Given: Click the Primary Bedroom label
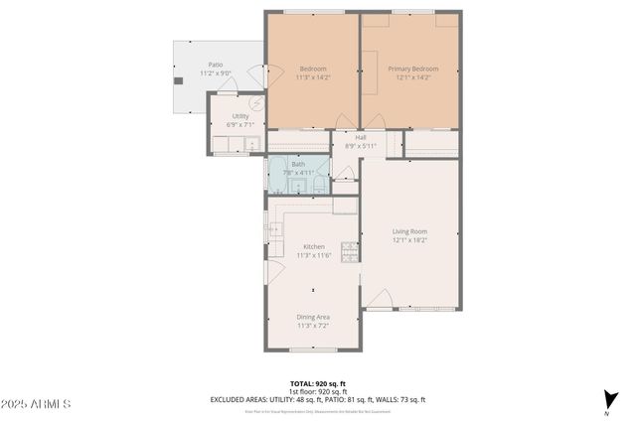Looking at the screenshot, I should click(412, 69).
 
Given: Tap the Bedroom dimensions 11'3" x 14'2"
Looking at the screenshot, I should click(313, 77).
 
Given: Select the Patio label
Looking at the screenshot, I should click(215, 65).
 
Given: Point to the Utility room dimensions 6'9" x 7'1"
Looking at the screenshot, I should click(239, 125).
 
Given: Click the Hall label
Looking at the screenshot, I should click(361, 137).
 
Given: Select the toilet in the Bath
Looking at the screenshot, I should click(316, 183).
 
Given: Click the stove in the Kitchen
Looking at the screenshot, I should click(349, 251).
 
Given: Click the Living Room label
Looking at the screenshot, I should click(408, 230).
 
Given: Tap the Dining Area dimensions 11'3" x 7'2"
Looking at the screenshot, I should click(313, 325).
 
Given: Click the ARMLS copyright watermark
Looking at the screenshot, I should click(36, 405).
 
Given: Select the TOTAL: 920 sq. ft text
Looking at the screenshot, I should click(317, 383).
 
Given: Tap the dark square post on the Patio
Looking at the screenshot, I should click(179, 80).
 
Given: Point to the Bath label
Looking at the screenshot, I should click(298, 164).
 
